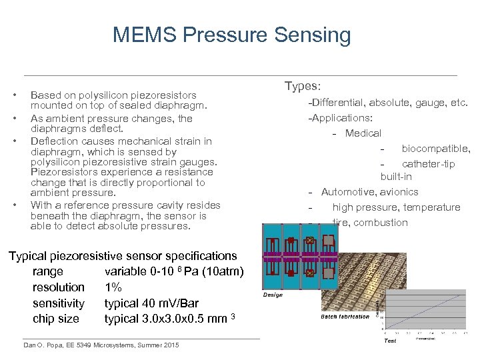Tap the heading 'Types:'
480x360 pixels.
pos(303,87)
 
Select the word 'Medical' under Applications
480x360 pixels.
pos(363,133)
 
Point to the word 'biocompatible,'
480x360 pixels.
pos(435,149)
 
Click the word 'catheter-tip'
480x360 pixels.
pos(428,164)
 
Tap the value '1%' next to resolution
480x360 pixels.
pos(113,287)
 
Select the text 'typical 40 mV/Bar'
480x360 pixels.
pos(151,303)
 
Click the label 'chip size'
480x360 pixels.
pos(56,319)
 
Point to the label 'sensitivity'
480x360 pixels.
pos(59,303)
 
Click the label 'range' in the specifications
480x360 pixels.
pos(48,271)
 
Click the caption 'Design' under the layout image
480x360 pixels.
pos(273,295)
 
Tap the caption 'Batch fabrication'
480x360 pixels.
pos(345,317)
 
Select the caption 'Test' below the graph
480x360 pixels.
pos(390,341)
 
